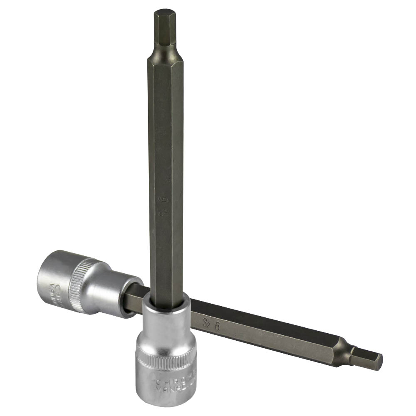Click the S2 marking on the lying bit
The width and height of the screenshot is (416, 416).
[x=206, y=322]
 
